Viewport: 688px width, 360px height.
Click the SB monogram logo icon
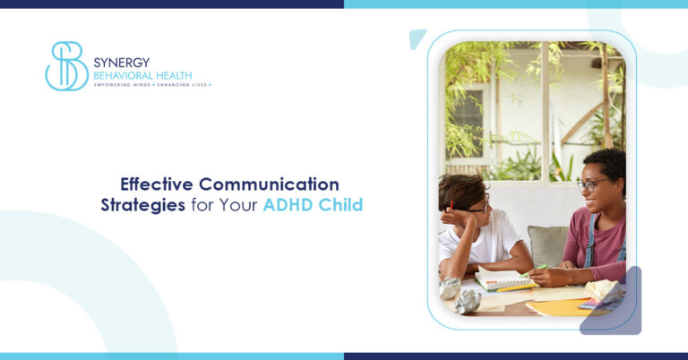[x=66, y=66]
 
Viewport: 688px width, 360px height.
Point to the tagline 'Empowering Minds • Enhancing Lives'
[x=152, y=85]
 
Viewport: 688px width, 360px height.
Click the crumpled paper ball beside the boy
[x=451, y=287]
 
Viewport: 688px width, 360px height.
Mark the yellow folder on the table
[x=555, y=306]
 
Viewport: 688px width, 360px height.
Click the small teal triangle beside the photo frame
[x=417, y=38]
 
